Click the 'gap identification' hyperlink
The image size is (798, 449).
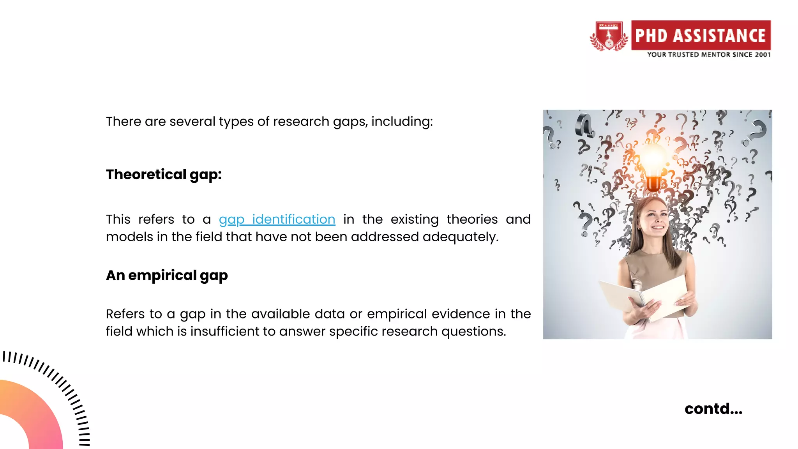277,219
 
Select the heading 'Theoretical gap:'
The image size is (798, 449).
164,175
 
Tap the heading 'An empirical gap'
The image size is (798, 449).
167,276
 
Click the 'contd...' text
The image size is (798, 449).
713,409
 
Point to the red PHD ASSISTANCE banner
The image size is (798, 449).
701,35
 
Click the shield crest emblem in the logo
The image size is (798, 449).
609,36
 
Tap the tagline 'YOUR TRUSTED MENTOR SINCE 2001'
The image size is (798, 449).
709,55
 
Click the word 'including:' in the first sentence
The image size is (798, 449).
402,122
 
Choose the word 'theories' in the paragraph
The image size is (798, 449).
472,219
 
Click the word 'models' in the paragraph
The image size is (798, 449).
129,237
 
